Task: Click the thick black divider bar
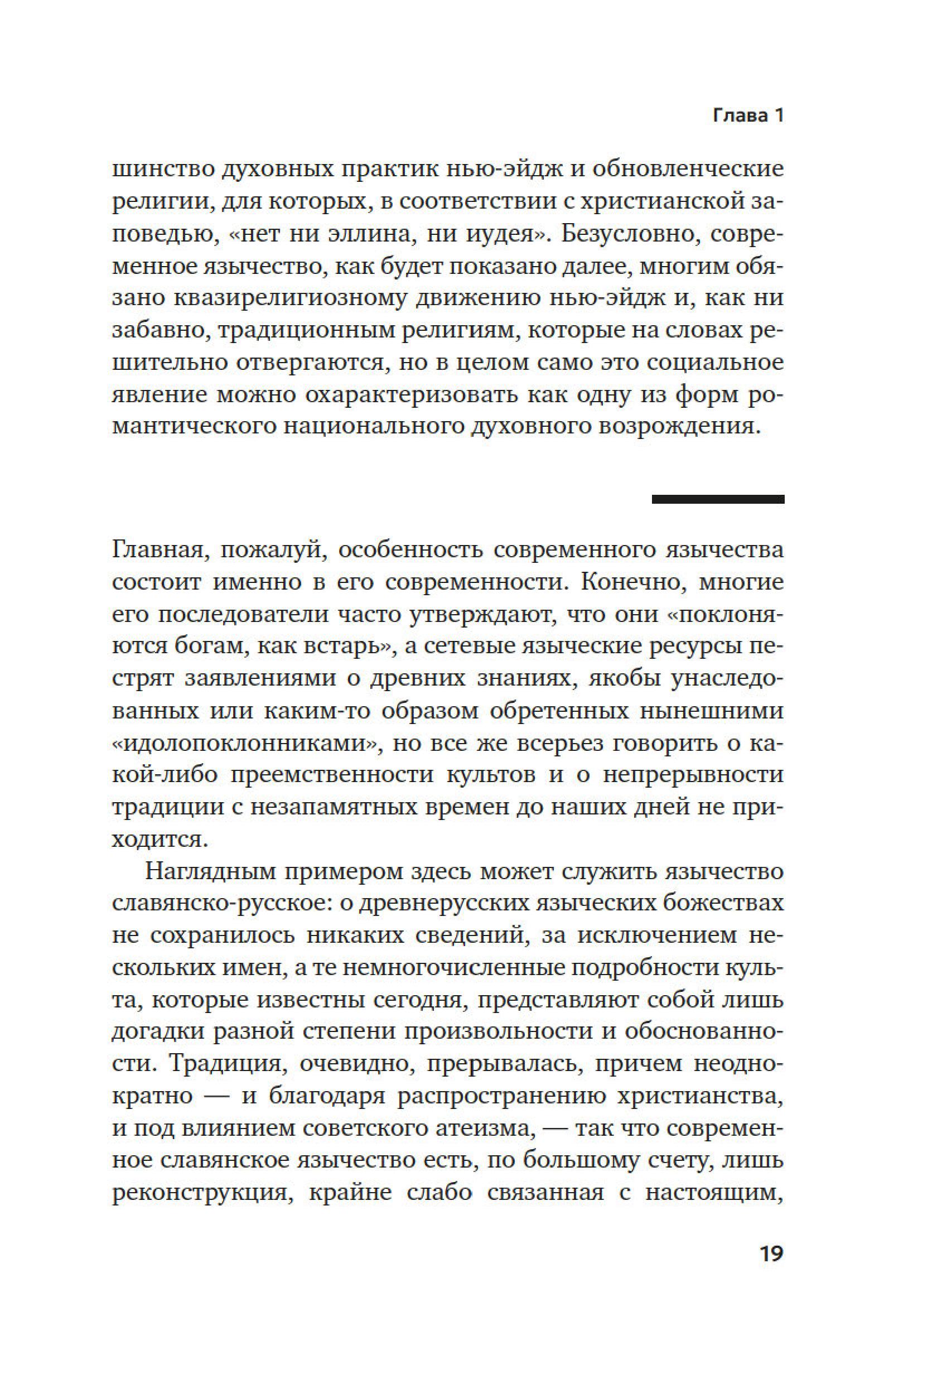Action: (x=718, y=499)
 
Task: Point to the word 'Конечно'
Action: (x=633, y=582)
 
